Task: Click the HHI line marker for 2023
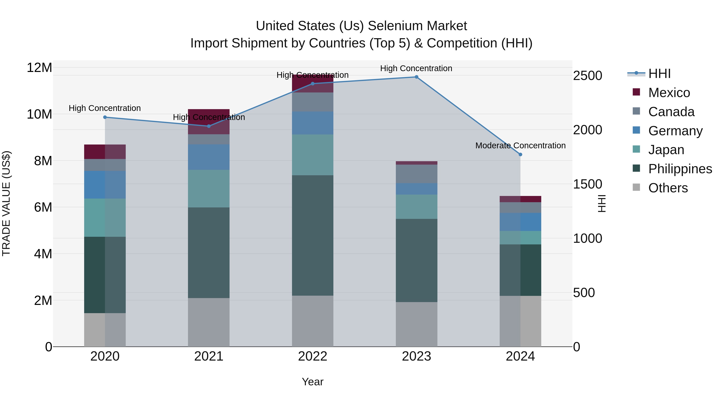[417, 77]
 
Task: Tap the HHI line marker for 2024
[520, 155]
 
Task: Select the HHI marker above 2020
[105, 117]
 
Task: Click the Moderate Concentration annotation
[520, 146]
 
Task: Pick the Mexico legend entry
[669, 93]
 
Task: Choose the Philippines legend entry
[680, 169]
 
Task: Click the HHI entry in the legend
[659, 74]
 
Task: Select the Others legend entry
[668, 188]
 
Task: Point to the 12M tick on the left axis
[39, 68]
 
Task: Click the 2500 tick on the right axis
[587, 76]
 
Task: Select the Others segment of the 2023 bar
[417, 324]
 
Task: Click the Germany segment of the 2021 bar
[208, 157]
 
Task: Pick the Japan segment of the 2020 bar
[105, 217]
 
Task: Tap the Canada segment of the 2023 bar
[417, 174]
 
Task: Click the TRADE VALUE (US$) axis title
[6, 203]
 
